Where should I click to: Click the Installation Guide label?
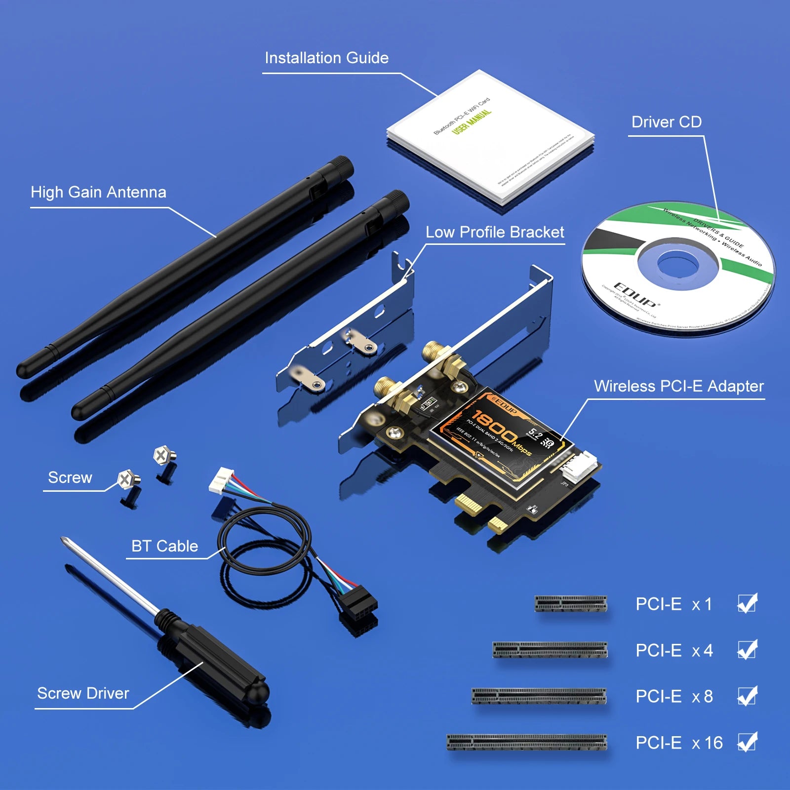[326, 58]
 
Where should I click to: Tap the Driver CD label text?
[666, 122]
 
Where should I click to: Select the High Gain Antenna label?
[98, 192]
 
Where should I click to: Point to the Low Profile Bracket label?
[495, 232]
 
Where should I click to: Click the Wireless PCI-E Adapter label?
[678, 386]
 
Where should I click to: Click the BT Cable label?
[164, 546]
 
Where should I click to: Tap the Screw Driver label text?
[83, 693]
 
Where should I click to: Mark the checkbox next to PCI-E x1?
[747, 603]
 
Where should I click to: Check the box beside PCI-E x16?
[747, 742]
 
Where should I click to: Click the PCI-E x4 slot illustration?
[550, 650]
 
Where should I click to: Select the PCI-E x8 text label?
[674, 696]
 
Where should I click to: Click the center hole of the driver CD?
[671, 264]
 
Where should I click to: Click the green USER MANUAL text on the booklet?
[472, 121]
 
